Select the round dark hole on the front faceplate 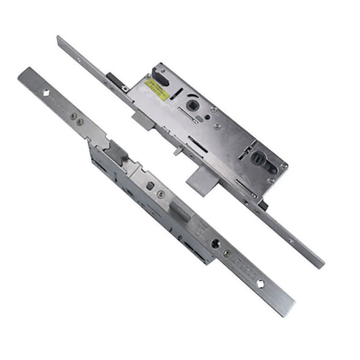point(215,244)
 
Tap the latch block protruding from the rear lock point(143,121)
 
